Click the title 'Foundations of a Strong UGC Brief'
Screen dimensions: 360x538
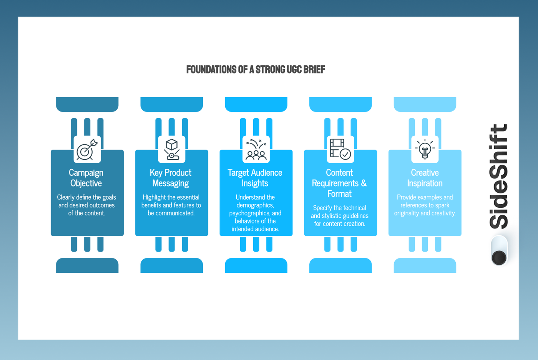(x=256, y=70)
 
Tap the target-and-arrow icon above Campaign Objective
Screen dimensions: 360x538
(x=87, y=149)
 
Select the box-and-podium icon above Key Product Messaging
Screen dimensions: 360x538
(x=171, y=149)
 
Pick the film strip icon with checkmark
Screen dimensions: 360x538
(x=340, y=149)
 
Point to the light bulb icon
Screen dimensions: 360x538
(x=425, y=149)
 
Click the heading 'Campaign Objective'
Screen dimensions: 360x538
(x=86, y=178)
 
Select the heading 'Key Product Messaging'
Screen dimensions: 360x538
(x=171, y=178)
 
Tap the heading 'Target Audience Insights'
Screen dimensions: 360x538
(x=255, y=178)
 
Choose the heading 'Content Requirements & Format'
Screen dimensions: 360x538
(x=339, y=183)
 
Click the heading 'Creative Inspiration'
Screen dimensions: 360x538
(x=425, y=178)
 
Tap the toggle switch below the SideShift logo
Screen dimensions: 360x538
(x=499, y=251)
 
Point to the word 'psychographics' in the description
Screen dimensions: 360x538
(x=250, y=213)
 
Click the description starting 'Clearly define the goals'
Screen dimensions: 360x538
(x=86, y=205)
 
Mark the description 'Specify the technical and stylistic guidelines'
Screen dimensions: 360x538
(x=339, y=216)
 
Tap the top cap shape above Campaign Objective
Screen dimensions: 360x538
(x=87, y=104)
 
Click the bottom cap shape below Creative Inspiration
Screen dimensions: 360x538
(x=425, y=265)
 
